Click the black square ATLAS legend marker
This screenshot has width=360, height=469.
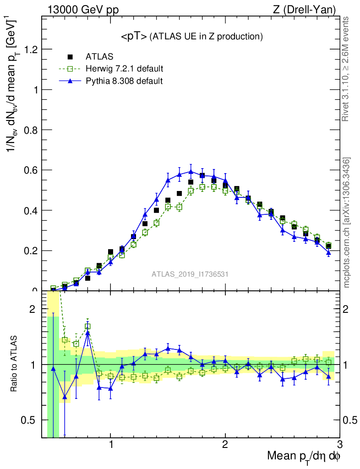pyautogui.click(x=70, y=57)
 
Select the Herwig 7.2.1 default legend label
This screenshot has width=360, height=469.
pyautogui.click(x=124, y=69)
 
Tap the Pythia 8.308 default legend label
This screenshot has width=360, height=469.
pyautogui.click(x=124, y=81)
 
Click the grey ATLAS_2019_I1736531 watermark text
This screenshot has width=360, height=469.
pyautogui.click(x=190, y=274)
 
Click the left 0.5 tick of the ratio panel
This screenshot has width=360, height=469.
pyautogui.click(x=33, y=420)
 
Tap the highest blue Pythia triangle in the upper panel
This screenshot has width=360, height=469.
pyautogui.click(x=191, y=172)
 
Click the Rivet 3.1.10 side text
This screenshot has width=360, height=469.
pyautogui.click(x=346, y=69)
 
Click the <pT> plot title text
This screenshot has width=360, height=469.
pyautogui.click(x=191, y=36)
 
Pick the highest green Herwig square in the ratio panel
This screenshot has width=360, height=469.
pyautogui.click(x=87, y=327)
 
